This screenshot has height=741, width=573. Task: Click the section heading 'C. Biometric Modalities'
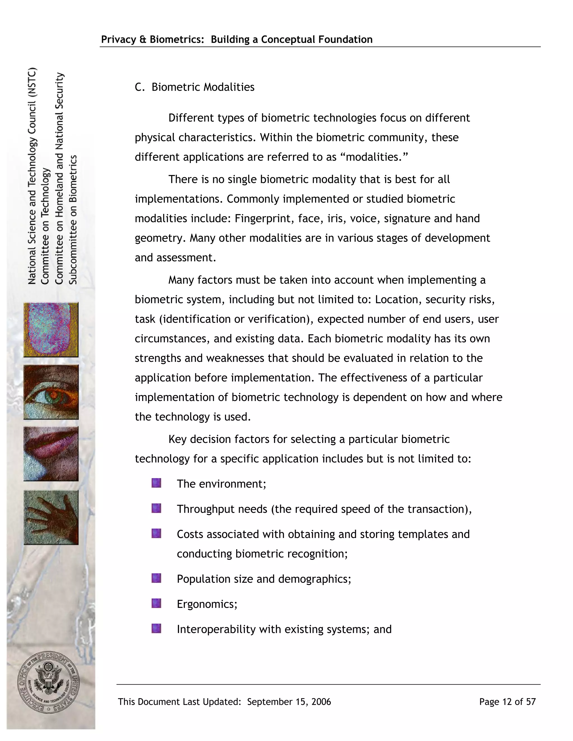pos(194,87)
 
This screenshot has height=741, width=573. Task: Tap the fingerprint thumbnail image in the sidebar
pos(51,330)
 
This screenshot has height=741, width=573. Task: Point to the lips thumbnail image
pos(51,454)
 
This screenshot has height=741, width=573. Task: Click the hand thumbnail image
pos(51,517)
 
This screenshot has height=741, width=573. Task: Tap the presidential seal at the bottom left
pos(48,683)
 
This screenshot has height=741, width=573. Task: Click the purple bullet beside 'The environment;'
pos(156,483)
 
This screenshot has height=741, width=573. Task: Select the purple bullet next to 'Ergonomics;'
pos(156,603)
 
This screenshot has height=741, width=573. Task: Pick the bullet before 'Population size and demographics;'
pos(156,578)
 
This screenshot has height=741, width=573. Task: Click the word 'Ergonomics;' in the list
pos(207,604)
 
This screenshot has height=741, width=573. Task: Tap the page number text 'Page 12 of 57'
pos(507,702)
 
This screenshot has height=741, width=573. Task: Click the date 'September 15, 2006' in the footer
pos(289,702)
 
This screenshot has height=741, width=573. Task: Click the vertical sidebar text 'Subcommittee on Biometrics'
pos(73,220)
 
